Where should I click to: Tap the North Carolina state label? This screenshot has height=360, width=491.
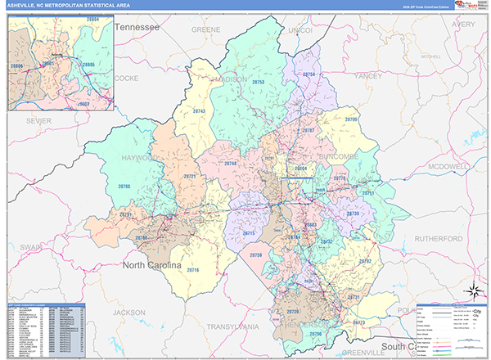pyautogui.click(x=159, y=265)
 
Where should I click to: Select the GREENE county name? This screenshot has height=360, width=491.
pyautogui.click(x=205, y=29)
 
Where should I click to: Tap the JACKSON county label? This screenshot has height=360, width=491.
pyautogui.click(x=128, y=312)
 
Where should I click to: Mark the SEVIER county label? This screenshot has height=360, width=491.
pyautogui.click(x=38, y=120)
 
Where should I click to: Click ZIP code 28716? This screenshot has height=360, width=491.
pyautogui.click(x=193, y=270)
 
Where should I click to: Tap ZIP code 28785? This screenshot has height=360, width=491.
pyautogui.click(x=124, y=187)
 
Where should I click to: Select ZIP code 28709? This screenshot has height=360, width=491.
pyautogui.click(x=351, y=121)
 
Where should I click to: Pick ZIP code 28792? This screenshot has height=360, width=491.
pyautogui.click(x=364, y=261)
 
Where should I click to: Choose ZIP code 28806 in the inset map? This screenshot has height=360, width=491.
pyautogui.click(x=17, y=65)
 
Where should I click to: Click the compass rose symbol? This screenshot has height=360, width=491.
pyautogui.click(x=472, y=290)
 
